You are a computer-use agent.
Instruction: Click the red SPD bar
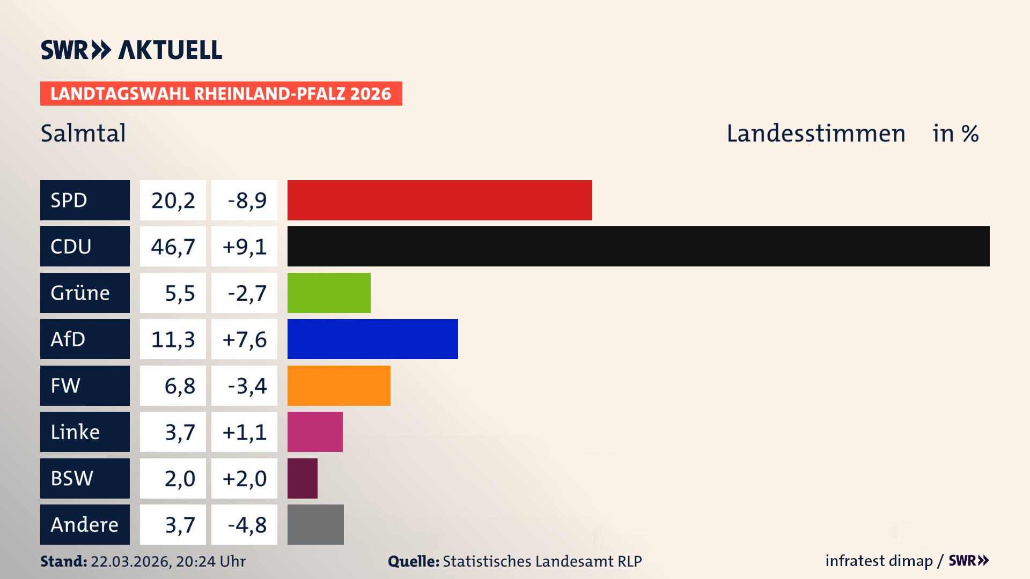(439, 200)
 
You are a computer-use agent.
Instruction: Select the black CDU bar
(638, 247)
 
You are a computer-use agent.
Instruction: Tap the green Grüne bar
(329, 293)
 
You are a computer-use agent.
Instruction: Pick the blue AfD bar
(372, 339)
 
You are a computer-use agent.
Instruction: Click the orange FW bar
(339, 385)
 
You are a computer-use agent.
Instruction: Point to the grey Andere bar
(315, 524)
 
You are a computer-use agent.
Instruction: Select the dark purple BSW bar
(302, 478)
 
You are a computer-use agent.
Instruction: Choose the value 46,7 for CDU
(173, 247)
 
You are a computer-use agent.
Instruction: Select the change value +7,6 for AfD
(245, 339)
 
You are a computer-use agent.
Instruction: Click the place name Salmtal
(83, 133)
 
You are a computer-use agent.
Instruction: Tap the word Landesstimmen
(815, 133)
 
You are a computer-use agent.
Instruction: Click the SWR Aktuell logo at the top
(131, 50)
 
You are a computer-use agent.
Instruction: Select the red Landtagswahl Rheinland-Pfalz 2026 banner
(221, 94)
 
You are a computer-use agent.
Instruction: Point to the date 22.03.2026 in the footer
(130, 561)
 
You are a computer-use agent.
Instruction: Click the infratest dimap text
(879, 561)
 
